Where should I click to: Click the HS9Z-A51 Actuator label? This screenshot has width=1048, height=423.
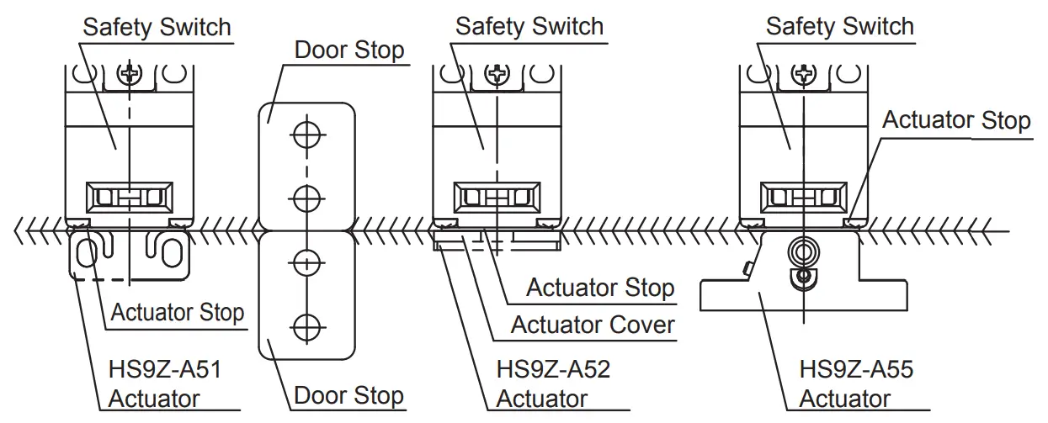[x=165, y=383]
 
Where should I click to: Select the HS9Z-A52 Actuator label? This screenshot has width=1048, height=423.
[x=552, y=383]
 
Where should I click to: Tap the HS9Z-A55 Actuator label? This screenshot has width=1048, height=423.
[x=856, y=383]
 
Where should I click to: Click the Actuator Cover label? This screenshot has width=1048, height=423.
[x=593, y=324]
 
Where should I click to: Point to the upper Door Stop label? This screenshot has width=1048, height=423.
[x=348, y=50]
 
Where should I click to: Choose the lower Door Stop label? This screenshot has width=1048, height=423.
[x=348, y=395]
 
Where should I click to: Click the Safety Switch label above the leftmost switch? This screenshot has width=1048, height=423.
[x=157, y=26]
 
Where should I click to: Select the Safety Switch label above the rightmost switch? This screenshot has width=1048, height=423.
[x=839, y=26]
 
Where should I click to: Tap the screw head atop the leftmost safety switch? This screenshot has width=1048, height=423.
[x=130, y=76]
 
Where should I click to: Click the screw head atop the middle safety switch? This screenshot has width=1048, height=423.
[x=497, y=76]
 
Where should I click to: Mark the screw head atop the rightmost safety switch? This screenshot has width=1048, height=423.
[x=805, y=76]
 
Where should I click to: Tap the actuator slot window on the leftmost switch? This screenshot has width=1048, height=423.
[x=130, y=199]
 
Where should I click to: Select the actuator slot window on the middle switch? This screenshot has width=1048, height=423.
[x=497, y=199]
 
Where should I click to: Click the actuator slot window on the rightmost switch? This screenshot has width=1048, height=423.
[x=805, y=199]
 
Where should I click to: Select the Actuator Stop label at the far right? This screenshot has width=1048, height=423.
[x=956, y=120]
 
